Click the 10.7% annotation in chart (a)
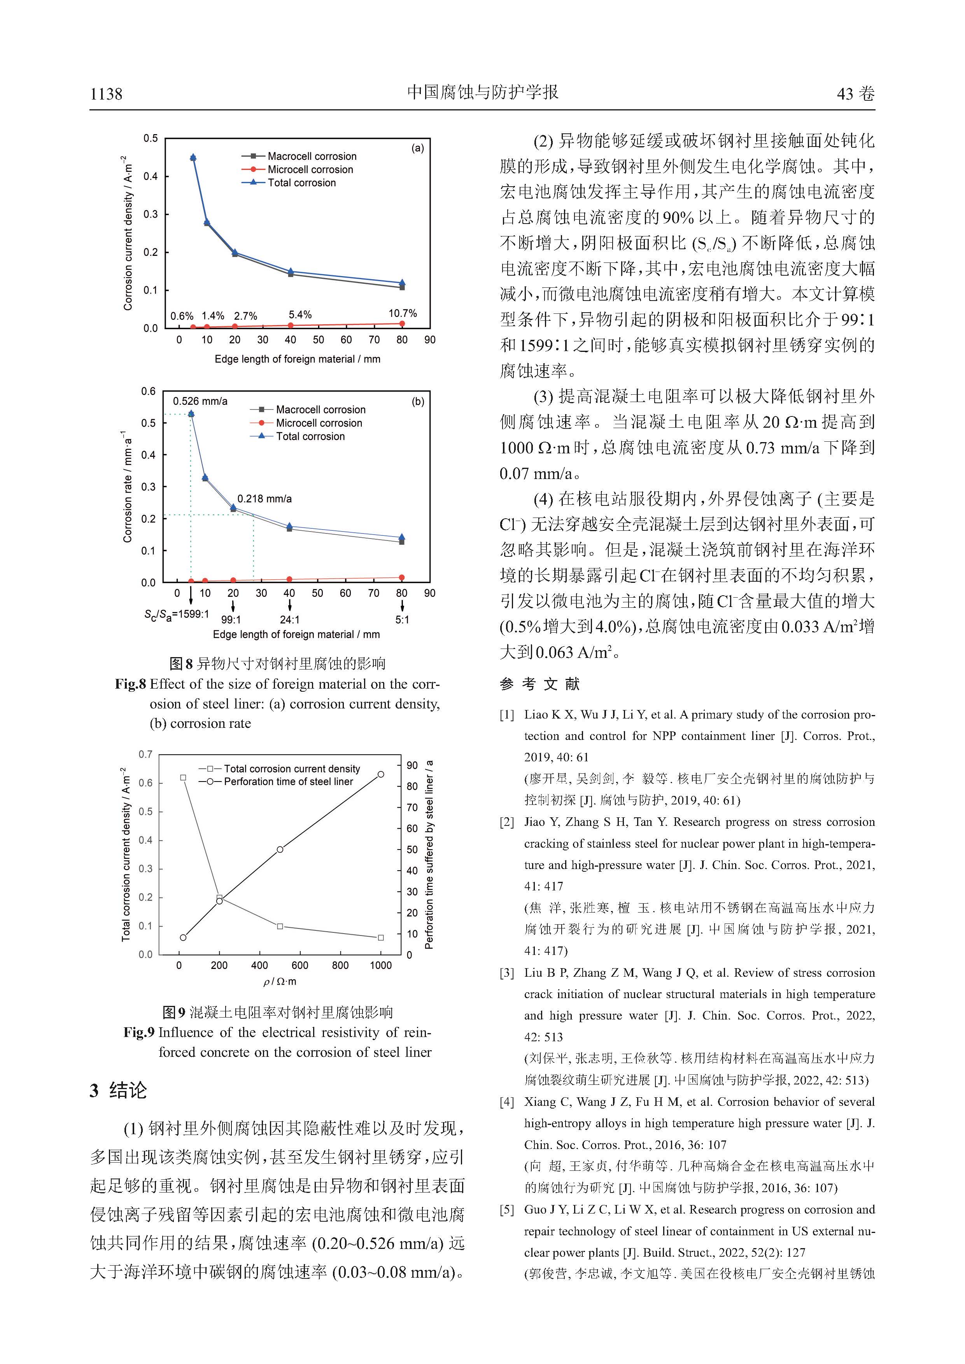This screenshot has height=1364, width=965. [402, 313]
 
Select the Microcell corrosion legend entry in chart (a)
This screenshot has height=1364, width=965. [310, 169]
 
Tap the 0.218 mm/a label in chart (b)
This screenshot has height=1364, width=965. [264, 498]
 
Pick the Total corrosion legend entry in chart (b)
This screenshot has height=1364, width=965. [310, 436]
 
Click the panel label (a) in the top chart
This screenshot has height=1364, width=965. [418, 148]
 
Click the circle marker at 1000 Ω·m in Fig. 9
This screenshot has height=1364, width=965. [381, 774]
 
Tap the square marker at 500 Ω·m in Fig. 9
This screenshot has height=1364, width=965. [280, 926]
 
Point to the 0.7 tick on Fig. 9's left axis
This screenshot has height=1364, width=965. [145, 754]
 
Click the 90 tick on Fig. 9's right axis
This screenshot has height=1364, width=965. [412, 765]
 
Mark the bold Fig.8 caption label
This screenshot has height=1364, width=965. [130, 684]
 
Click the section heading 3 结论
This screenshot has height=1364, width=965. [118, 1091]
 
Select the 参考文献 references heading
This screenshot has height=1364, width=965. [539, 684]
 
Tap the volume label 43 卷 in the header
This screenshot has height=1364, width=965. [855, 94]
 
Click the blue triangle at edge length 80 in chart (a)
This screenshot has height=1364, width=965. [402, 283]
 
